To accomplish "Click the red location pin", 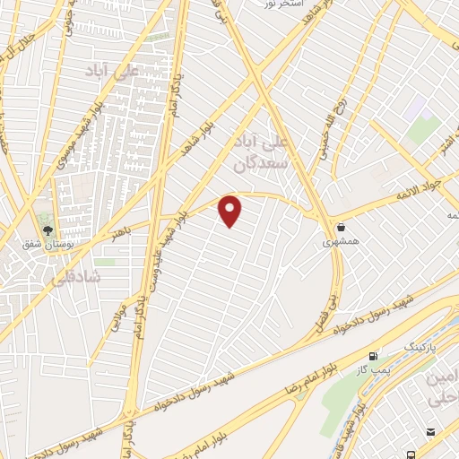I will click(x=231, y=210).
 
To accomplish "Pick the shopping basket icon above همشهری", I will click(x=342, y=228).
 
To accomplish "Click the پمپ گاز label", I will click(x=376, y=368).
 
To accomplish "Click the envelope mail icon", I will click(x=432, y=432).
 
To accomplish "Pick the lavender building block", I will click(x=413, y=110).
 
